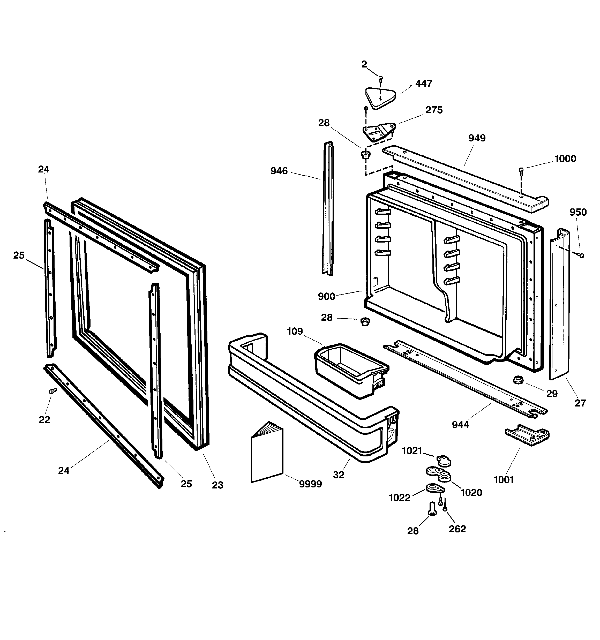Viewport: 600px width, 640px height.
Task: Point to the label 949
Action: click(477, 138)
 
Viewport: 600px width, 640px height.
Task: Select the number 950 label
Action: click(578, 212)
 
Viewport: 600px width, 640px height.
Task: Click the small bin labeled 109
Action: click(351, 370)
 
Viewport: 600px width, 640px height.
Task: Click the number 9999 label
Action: click(310, 484)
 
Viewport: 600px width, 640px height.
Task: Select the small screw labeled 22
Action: click(52, 391)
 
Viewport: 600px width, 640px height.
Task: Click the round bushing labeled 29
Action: click(518, 380)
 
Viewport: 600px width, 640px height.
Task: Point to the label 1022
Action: click(399, 498)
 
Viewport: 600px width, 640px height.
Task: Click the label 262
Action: click(457, 529)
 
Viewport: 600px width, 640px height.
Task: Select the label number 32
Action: click(339, 475)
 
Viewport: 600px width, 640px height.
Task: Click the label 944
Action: click(460, 425)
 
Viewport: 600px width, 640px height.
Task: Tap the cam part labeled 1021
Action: click(444, 461)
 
